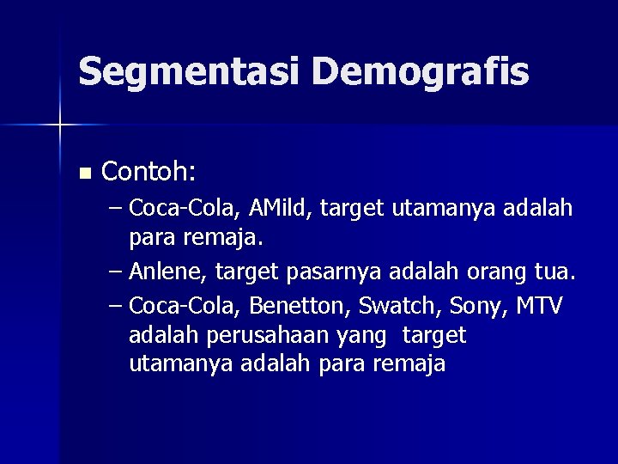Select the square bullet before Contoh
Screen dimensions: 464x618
(83, 174)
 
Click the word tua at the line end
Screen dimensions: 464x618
(556, 272)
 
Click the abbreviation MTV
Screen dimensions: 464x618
(537, 305)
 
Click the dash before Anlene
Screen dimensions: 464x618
(116, 273)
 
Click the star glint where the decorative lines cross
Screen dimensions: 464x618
(60, 125)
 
